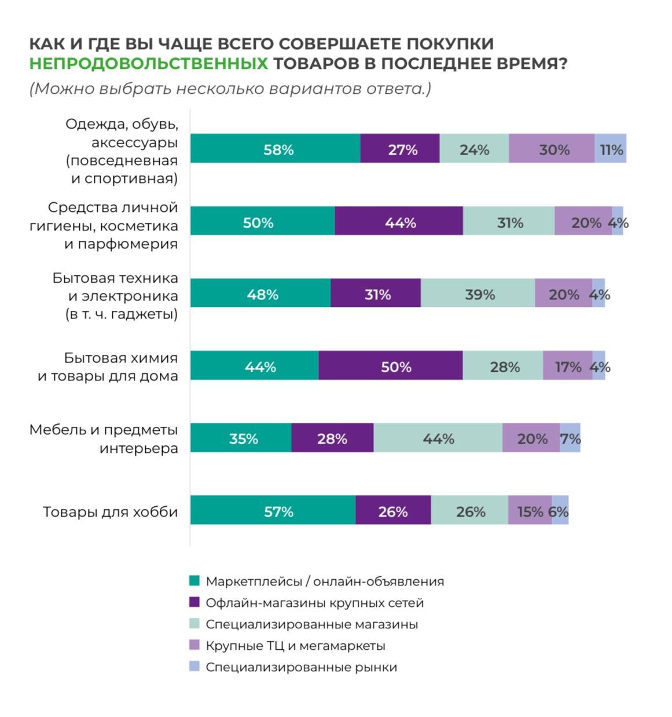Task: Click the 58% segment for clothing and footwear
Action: coord(276,148)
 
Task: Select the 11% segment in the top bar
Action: coord(610,148)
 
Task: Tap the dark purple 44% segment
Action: coord(399,221)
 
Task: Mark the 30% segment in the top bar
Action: coord(552,148)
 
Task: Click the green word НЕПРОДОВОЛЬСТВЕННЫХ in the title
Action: coord(149,64)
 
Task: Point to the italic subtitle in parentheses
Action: coord(230,89)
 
